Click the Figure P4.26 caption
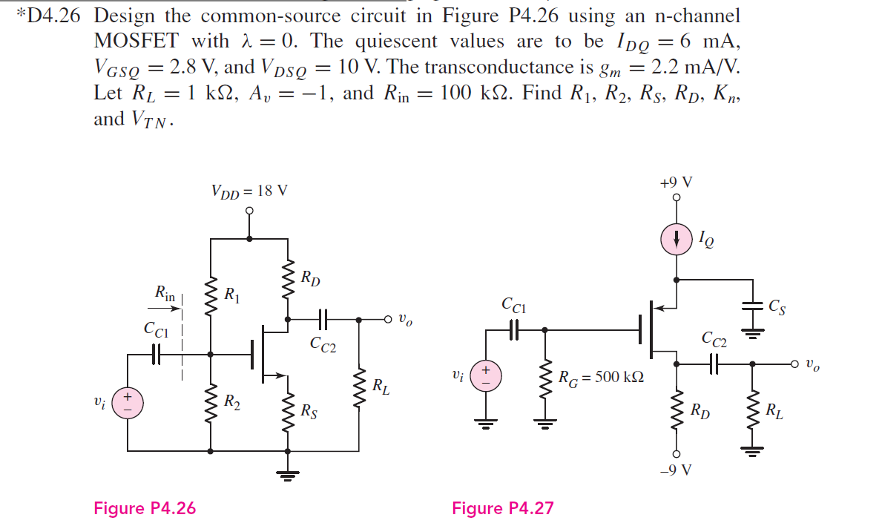(x=145, y=508)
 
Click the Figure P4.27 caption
(x=502, y=508)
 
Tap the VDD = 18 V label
(x=249, y=191)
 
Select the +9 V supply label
(x=676, y=183)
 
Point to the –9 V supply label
(x=676, y=470)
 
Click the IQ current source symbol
(x=676, y=239)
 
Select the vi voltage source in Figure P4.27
(x=487, y=375)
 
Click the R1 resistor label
(x=232, y=295)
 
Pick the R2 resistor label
(x=232, y=403)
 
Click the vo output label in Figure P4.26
(x=404, y=321)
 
